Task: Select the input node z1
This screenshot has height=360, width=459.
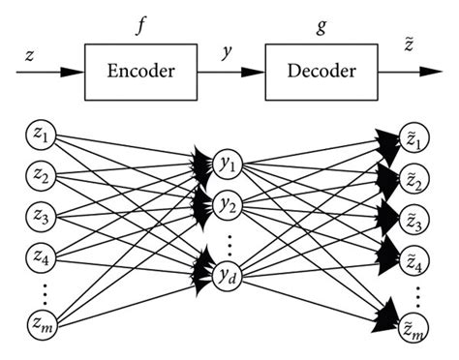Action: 40,134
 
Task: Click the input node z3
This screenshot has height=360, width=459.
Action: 40,217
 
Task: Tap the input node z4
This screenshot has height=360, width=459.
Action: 40,258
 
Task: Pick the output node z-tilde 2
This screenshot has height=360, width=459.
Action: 413,181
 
